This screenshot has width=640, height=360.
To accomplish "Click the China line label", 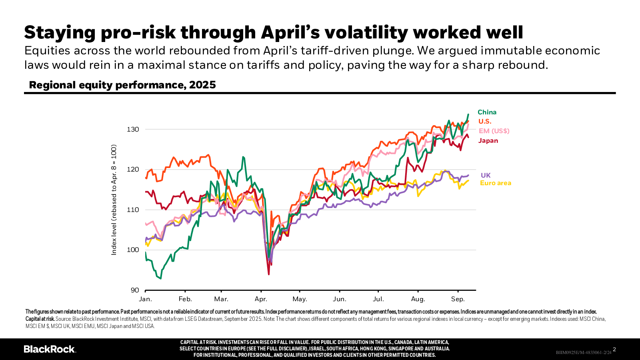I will [x=487, y=112].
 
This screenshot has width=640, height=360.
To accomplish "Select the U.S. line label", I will [x=485, y=122].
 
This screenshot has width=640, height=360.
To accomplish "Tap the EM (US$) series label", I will [x=494, y=131].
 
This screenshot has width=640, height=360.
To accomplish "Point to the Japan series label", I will [x=488, y=141].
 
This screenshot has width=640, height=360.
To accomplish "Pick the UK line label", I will [x=486, y=176].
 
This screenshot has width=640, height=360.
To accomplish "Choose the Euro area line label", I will [x=495, y=183].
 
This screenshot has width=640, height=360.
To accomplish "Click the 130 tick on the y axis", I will [x=133, y=130].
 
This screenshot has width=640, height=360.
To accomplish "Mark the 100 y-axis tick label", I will [x=133, y=250].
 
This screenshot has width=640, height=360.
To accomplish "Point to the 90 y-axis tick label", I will [x=135, y=290].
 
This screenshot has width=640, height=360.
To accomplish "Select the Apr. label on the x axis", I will [x=261, y=299].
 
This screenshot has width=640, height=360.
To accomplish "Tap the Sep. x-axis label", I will [x=458, y=299].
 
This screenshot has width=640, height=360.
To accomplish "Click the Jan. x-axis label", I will [x=145, y=299].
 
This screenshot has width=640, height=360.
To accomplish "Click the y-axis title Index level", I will [x=114, y=200].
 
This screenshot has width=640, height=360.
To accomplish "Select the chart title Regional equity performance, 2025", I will [x=122, y=85].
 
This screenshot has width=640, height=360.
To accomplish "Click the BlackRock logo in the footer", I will [x=50, y=349].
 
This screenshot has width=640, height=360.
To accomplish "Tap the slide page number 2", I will [x=614, y=350].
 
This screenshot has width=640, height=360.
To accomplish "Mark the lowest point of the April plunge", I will [x=269, y=274].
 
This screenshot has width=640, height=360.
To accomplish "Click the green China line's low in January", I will [x=161, y=278].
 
